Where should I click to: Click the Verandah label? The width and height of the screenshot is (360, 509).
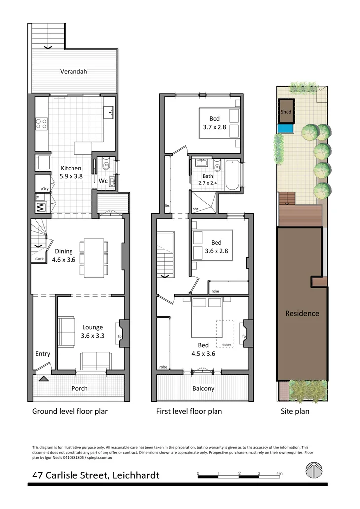[73, 71]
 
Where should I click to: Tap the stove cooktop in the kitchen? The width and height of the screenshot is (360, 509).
[41, 123]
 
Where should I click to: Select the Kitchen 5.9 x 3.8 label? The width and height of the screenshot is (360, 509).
[71, 172]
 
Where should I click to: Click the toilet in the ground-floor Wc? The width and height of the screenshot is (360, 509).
[103, 165]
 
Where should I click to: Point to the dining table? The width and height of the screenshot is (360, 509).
[94, 257]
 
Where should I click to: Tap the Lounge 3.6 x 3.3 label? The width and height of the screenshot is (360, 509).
[92, 331]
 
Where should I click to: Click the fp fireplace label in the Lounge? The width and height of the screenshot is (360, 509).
[119, 337]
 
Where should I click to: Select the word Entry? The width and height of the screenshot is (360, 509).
[43, 354]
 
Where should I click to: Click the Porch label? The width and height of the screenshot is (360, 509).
[79, 388]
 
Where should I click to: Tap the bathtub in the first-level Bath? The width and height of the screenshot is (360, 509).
[232, 175]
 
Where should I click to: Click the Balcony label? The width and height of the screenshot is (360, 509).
[203, 388]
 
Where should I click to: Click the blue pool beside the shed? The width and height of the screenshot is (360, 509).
[285, 129]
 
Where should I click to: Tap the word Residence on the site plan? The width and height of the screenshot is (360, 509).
[302, 313]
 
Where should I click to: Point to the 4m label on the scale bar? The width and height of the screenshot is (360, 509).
[279, 473]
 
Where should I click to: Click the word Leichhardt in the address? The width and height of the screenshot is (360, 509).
[136, 475]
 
